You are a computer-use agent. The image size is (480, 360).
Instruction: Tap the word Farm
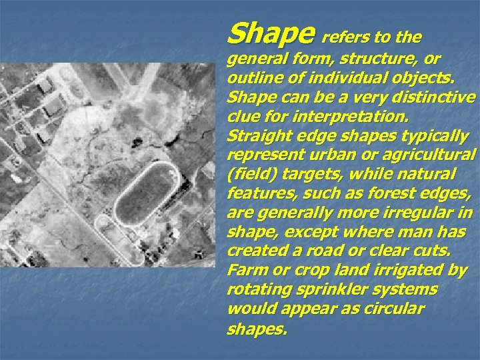pos(246,272)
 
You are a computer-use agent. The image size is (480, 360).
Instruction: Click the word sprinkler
pos(343,291)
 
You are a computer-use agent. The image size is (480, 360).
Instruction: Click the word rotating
pos(257,291)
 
